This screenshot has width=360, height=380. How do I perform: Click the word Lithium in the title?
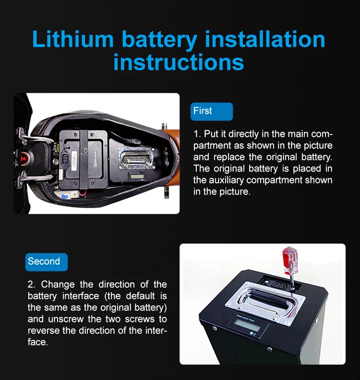[73, 39]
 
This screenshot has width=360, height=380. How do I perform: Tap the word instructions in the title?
[179, 62]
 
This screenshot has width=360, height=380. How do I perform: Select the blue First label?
[212, 111]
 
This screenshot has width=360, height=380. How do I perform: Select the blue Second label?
[47, 262]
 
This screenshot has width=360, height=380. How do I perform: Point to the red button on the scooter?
[24, 159]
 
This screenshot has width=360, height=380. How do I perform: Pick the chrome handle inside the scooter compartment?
[136, 159]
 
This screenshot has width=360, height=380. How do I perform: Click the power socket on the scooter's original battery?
[66, 159]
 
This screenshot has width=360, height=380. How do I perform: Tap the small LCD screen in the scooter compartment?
[137, 176]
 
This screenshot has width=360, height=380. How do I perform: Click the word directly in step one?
[243, 134]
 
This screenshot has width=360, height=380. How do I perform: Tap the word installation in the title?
[264, 39]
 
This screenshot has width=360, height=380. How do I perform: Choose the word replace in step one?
[229, 157]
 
